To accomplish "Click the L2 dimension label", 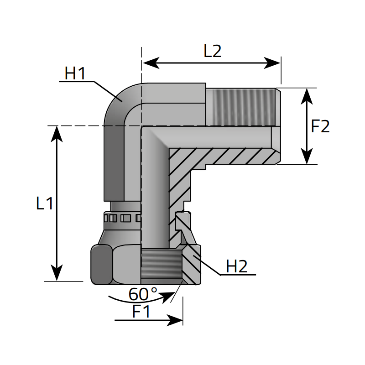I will (x=212, y=51).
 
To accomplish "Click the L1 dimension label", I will (x=45, y=203).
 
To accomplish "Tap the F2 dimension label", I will (x=320, y=126).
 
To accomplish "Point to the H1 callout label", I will (x=75, y=73).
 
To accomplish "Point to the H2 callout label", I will (x=237, y=266).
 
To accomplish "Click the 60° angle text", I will (x=142, y=294).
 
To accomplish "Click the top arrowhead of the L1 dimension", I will (x=57, y=133).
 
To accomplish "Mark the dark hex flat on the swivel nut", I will (x=101, y=264).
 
